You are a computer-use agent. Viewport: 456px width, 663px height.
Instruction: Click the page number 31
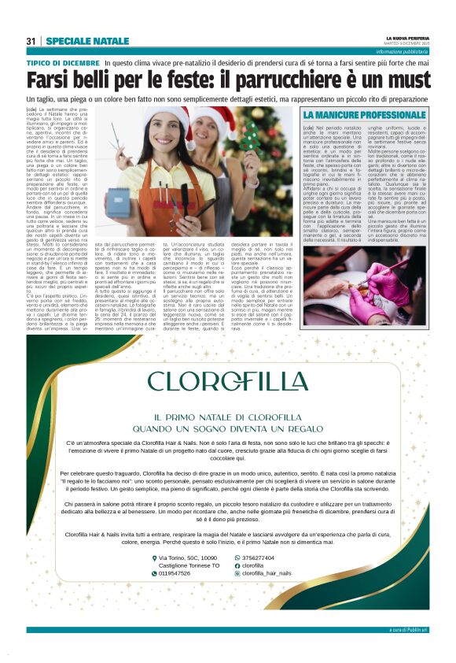pyautogui.click(x=31, y=40)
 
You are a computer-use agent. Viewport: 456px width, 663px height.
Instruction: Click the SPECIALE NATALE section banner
pyautogui.click(x=87, y=40)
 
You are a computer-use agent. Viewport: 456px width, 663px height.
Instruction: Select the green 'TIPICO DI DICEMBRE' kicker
pyautogui.click(x=63, y=61)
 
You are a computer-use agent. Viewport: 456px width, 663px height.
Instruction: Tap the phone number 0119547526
pyautogui.click(x=177, y=573)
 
